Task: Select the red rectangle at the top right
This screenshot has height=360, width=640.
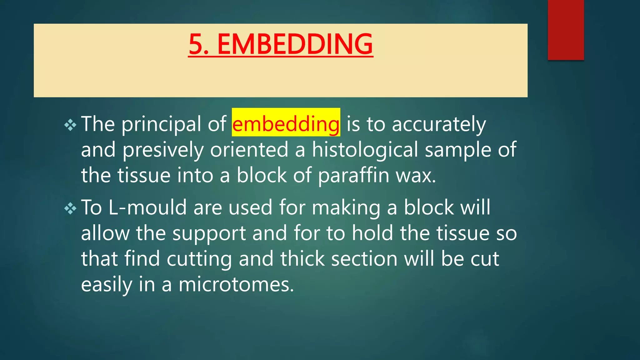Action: pyautogui.click(x=566, y=30)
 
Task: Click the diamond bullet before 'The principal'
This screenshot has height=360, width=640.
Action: pyautogui.click(x=70, y=125)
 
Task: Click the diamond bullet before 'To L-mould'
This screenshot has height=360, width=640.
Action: pyautogui.click(x=70, y=208)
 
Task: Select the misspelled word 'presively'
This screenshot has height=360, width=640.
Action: pyautogui.click(x=162, y=150)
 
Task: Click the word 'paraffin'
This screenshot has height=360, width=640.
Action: pyautogui.click(x=353, y=175)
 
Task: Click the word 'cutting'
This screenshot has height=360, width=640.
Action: pyautogui.click(x=199, y=259)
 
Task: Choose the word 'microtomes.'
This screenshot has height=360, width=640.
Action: pyautogui.click(x=236, y=285)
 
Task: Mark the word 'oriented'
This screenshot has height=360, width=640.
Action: pyautogui.click(x=249, y=150)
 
